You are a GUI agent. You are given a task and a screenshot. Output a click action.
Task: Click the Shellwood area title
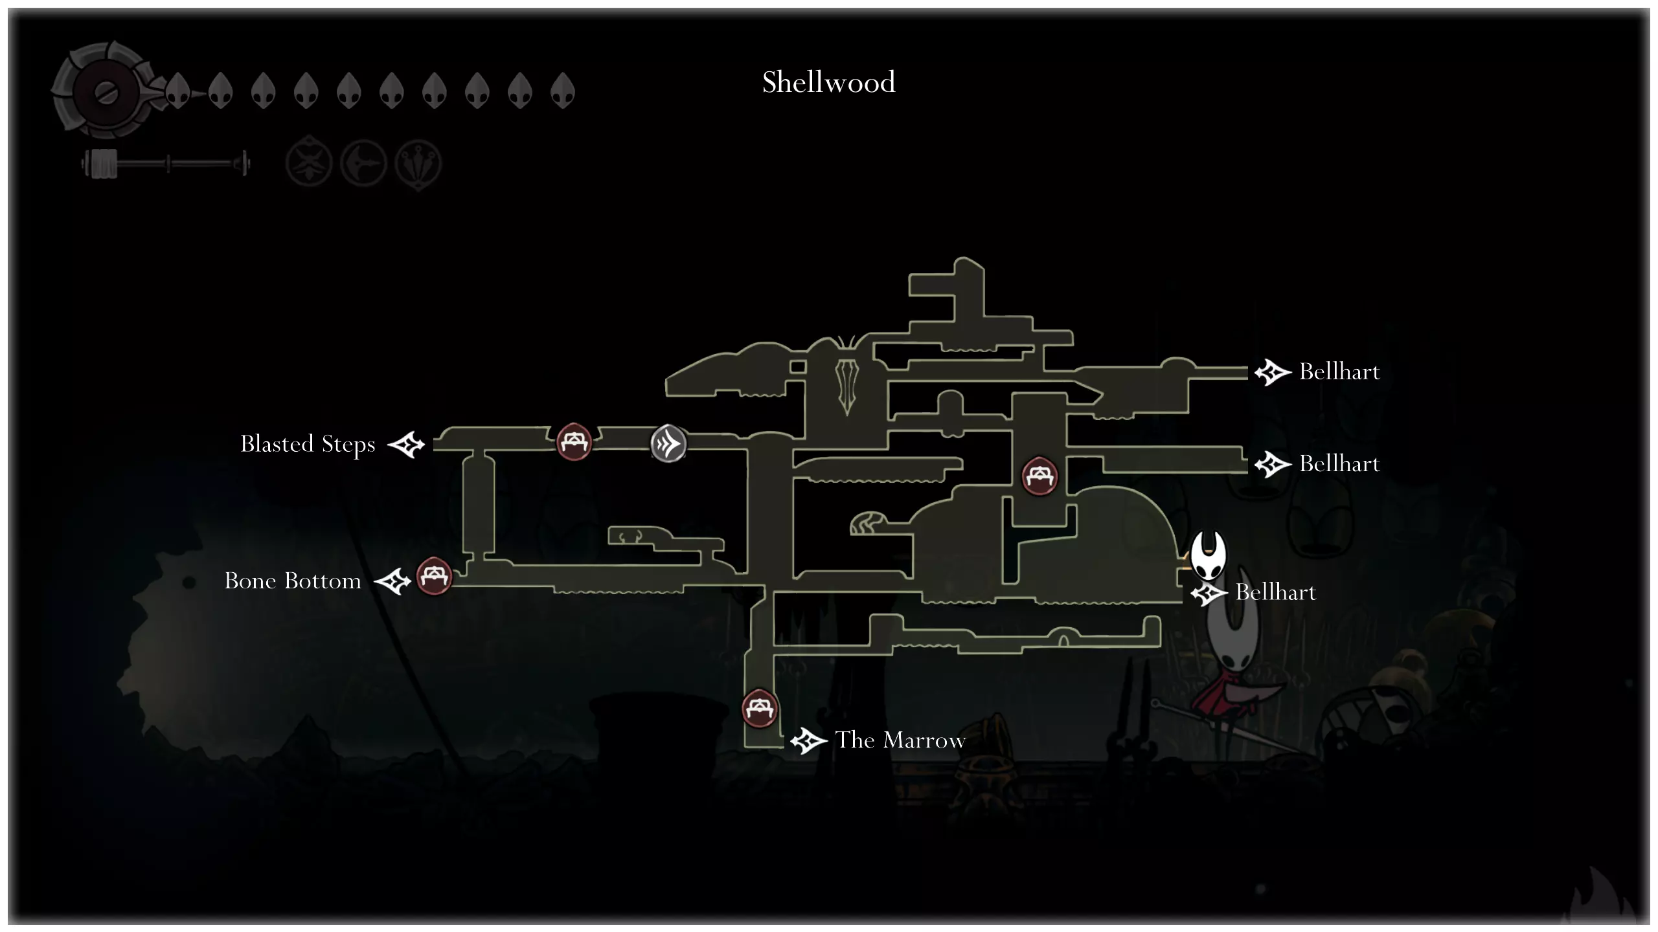point(828,83)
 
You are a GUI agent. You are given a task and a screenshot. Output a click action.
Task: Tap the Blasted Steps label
point(308,445)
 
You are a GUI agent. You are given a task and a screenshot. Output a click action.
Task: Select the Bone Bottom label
point(293,581)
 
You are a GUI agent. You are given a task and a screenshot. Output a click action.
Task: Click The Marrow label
point(900,740)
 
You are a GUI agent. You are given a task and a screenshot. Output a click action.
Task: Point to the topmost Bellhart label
point(1339,372)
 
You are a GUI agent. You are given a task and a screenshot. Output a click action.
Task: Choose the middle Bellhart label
point(1339,464)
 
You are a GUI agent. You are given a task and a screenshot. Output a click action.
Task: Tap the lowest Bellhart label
point(1275,593)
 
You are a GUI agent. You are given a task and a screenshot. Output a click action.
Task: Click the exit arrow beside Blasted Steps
point(406,445)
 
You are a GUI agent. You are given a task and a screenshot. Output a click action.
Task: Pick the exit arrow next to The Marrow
point(808,741)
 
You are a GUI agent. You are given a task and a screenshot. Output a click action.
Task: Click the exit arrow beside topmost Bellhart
point(1272,373)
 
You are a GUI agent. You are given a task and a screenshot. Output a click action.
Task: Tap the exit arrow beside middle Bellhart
point(1272,465)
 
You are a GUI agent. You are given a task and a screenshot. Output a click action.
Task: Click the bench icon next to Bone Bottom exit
point(434,575)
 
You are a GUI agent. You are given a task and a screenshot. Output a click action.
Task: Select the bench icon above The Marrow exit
point(759,709)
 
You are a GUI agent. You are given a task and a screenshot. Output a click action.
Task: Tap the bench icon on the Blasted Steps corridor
point(574,442)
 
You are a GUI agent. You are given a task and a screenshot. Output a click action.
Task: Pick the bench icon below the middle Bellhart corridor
point(1039,476)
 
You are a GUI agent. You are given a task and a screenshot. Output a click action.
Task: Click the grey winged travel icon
point(668,444)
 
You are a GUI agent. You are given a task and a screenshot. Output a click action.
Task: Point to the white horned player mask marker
point(1208,555)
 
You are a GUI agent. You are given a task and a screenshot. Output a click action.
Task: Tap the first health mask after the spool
point(177,90)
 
